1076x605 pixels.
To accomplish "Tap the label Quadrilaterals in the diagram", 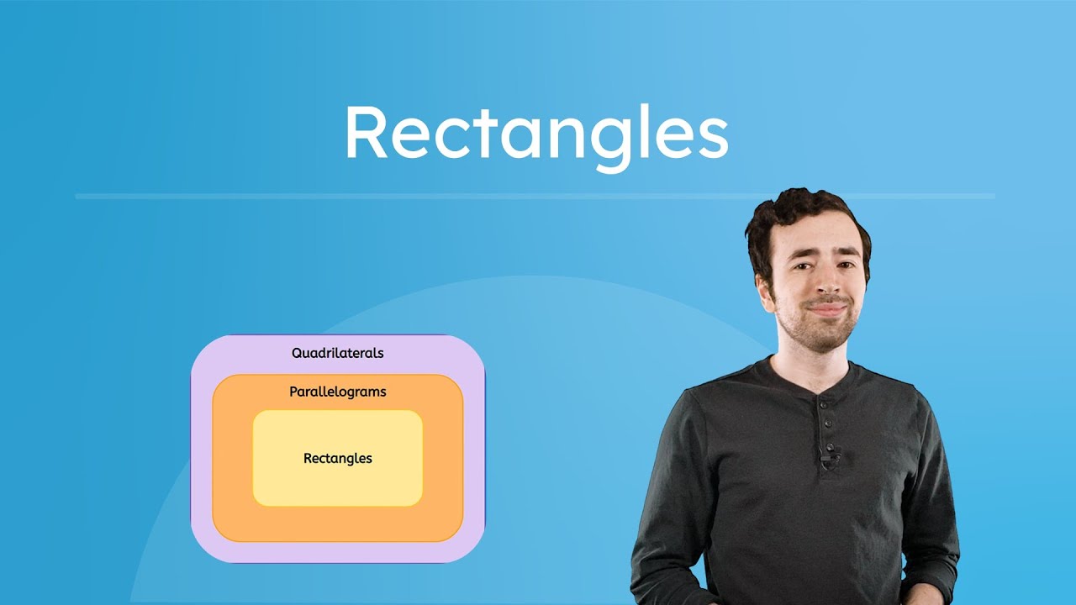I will tap(338, 353).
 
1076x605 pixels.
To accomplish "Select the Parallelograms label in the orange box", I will tap(338, 392).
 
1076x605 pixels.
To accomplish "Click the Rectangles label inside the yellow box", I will tap(338, 458).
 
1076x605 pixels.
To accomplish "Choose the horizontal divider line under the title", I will tap(535, 197).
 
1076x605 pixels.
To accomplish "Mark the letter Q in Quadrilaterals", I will tap(298, 353).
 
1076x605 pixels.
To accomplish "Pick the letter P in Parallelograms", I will tap(294, 392).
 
